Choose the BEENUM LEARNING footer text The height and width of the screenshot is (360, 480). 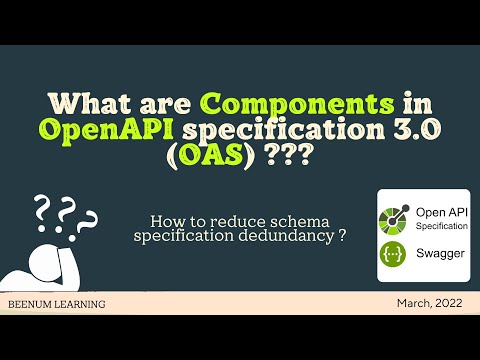pos(55,303)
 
